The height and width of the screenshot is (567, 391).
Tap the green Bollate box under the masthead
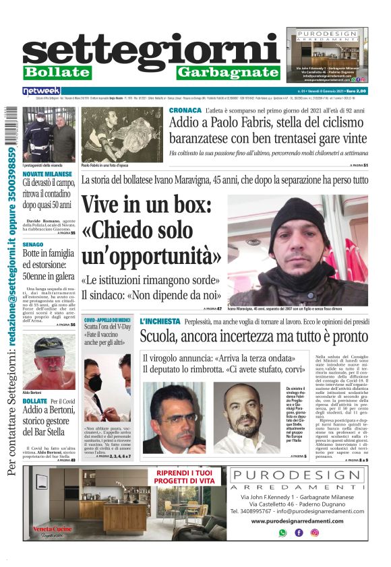tap(57, 72)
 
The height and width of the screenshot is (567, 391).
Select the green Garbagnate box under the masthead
tap(229, 72)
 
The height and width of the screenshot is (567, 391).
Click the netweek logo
tap(42, 90)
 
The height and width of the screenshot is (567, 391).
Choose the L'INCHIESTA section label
tap(160, 323)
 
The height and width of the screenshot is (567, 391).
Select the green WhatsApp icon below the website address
tap(282, 532)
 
